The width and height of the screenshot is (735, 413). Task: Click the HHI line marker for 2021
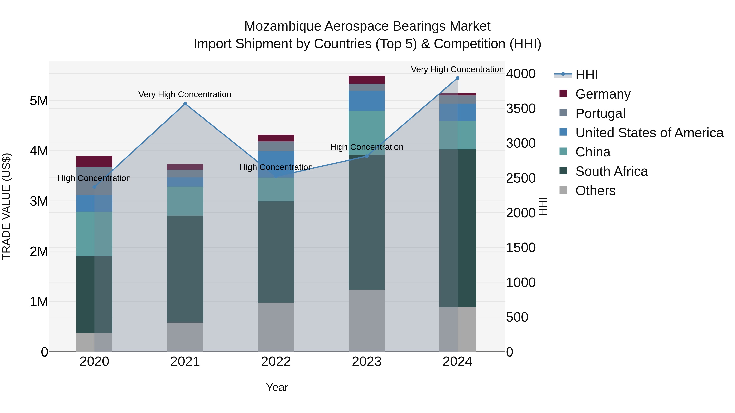coord(185,104)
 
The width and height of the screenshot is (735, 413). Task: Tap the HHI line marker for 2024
coord(457,78)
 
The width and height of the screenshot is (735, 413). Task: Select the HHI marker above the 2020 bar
coord(95,187)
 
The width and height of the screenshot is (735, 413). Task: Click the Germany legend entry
coord(603,94)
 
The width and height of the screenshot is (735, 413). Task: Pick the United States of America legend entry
coord(649,133)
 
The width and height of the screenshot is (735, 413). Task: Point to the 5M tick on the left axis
coord(39,101)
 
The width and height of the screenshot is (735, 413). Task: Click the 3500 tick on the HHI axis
coord(521,109)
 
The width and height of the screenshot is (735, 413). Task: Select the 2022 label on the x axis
coord(276,362)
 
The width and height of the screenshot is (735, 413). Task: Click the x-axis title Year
coord(277,387)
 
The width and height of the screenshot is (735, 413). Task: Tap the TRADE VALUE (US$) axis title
coord(6,206)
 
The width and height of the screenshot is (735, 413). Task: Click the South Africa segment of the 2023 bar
coord(367,222)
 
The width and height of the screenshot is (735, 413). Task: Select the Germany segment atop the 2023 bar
coord(367,80)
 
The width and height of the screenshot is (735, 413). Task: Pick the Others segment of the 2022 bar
coord(276,327)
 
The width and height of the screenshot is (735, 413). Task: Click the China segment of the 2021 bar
coord(185,201)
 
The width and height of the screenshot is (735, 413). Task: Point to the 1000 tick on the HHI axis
coord(521,282)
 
